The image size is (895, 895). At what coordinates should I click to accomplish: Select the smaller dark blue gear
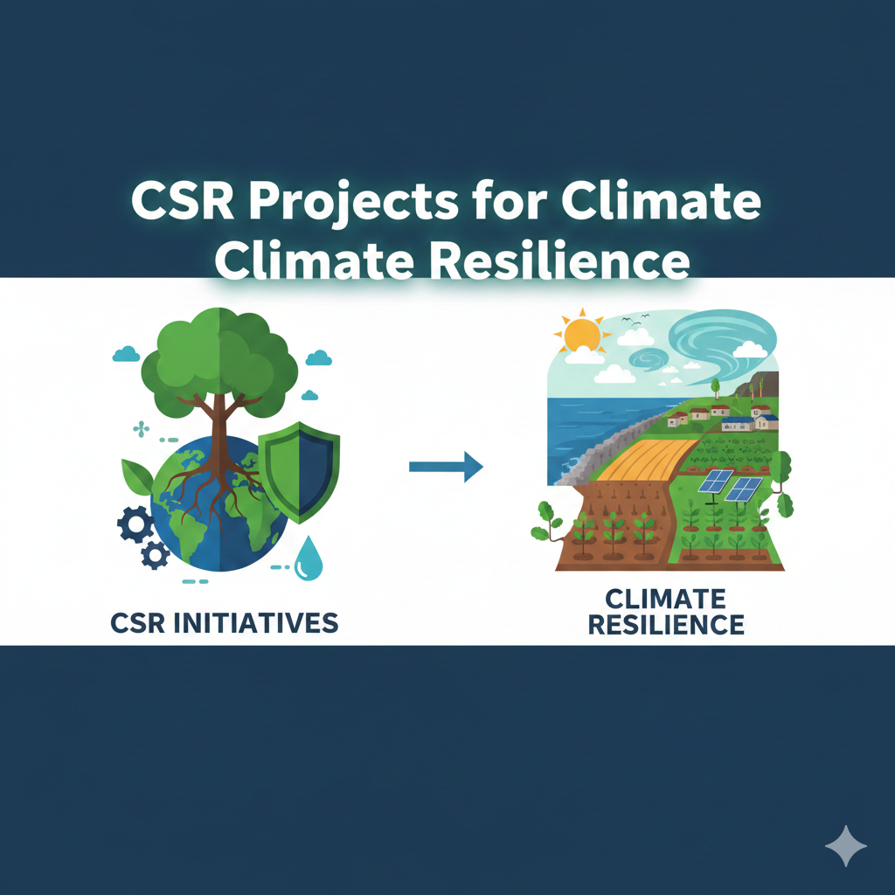[x=156, y=553]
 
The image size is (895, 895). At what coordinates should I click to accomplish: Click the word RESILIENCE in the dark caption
[x=667, y=625]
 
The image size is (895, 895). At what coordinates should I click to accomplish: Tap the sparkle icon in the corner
[x=846, y=845]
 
